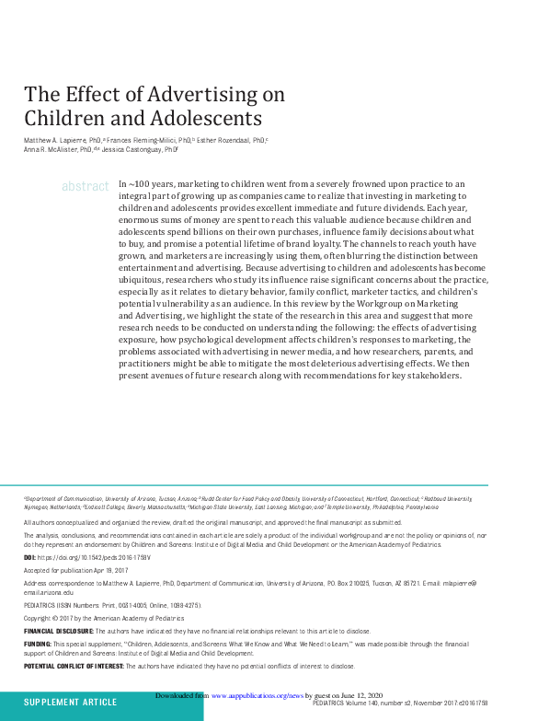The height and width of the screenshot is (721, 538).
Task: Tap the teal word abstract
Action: [x=86, y=186]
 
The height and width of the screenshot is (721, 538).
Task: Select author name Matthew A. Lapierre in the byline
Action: [x=54, y=139]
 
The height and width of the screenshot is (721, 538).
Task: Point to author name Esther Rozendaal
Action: [x=227, y=139]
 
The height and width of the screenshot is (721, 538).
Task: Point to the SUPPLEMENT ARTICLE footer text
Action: [x=70, y=703]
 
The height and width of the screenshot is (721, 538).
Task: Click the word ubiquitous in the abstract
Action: [x=145, y=279]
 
